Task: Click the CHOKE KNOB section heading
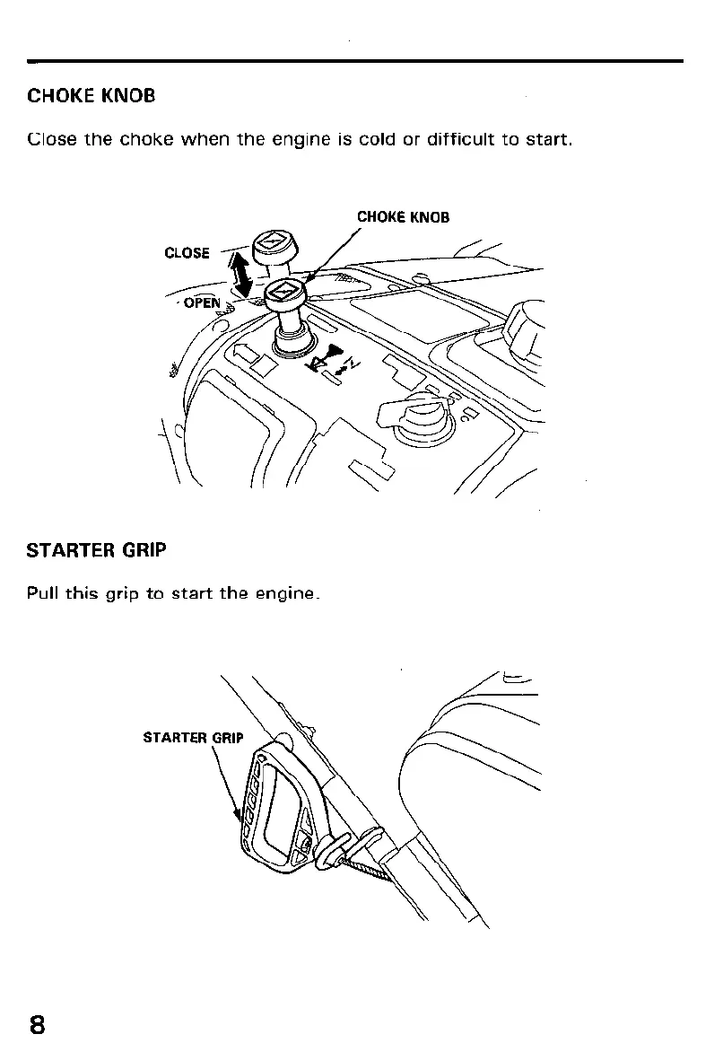point(91,95)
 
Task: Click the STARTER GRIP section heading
point(97,550)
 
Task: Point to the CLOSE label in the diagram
point(187,253)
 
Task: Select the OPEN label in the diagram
point(202,303)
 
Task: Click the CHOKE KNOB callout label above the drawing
point(403,217)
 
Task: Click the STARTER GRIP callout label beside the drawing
point(193,739)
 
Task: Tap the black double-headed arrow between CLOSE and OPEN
point(241,273)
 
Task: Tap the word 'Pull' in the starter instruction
point(43,593)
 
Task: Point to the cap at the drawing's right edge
point(524,326)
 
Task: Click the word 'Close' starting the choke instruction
point(51,140)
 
